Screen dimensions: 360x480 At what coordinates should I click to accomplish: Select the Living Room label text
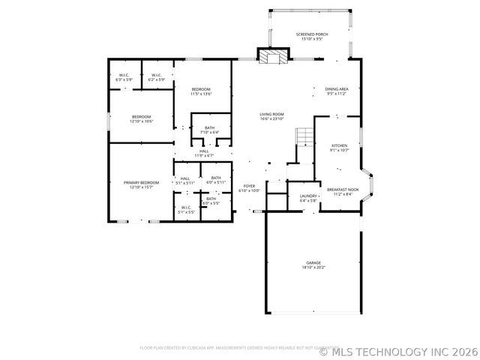pyautogui.click(x=271, y=116)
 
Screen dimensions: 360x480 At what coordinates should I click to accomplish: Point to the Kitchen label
pyautogui.click(x=339, y=147)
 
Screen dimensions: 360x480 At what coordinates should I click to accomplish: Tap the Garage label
pyautogui.click(x=313, y=264)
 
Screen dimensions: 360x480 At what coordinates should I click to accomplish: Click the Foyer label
pyautogui.click(x=248, y=188)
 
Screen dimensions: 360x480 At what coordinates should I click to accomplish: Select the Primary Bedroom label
pyautogui.click(x=142, y=184)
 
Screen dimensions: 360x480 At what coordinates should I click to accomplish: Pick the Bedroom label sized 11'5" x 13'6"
pyautogui.click(x=201, y=91)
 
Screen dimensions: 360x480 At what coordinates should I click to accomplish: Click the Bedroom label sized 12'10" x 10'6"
pyautogui.click(x=142, y=118)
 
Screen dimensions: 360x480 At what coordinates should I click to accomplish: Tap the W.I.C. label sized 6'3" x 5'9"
pyautogui.click(x=124, y=76)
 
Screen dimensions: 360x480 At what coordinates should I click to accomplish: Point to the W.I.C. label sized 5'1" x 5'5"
pyautogui.click(x=186, y=210)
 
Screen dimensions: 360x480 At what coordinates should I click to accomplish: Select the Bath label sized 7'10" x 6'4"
pyautogui.click(x=209, y=130)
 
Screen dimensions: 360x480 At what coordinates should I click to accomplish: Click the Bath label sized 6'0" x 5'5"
pyautogui.click(x=211, y=200)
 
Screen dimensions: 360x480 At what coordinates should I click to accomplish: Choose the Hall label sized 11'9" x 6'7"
pyautogui.click(x=204, y=153)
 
